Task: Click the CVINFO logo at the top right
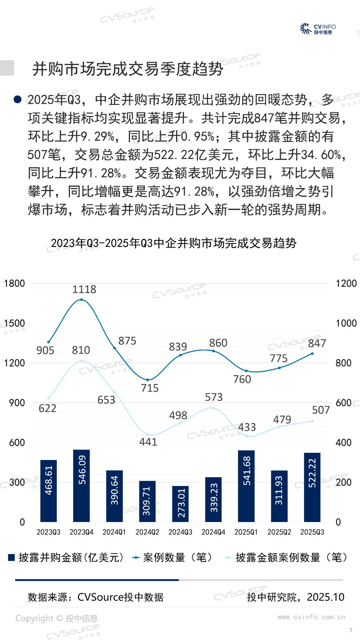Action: [318, 29]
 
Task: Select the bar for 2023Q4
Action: [82, 486]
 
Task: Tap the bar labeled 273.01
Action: [180, 504]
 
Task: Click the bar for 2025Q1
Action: [246, 486]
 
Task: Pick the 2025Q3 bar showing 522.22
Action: [312, 487]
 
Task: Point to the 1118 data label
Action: [84, 289]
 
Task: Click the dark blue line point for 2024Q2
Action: [148, 380]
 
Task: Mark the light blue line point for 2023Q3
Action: [49, 398]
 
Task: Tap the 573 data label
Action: [214, 397]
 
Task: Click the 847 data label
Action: [317, 343]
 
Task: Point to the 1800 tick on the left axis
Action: [14, 283]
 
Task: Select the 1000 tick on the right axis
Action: [346, 323]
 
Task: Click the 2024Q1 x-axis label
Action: [114, 532]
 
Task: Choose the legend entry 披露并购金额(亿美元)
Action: [66, 557]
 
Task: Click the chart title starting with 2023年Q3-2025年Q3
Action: [174, 243]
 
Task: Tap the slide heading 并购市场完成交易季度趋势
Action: [128, 69]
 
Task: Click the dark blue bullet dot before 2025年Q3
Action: [18, 99]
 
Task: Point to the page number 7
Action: [351, 630]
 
